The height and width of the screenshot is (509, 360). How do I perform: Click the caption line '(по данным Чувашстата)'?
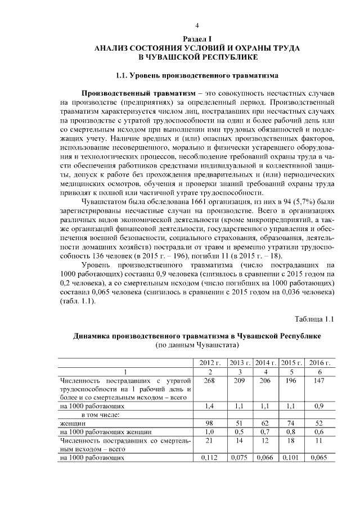point(197,345)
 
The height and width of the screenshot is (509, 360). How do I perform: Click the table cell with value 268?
point(209,381)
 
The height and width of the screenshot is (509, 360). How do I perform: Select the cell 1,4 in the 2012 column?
point(209,404)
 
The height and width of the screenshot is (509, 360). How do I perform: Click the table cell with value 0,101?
point(291,458)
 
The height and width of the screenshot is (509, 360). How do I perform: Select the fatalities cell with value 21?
point(209,440)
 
